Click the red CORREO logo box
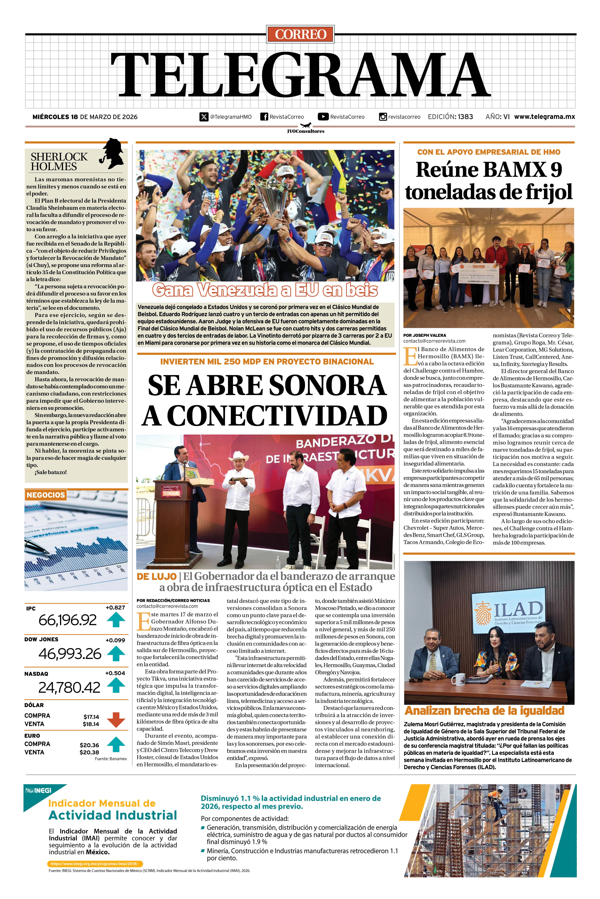(300, 34)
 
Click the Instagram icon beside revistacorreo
(383, 117)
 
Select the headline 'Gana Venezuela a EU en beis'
(265, 291)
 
